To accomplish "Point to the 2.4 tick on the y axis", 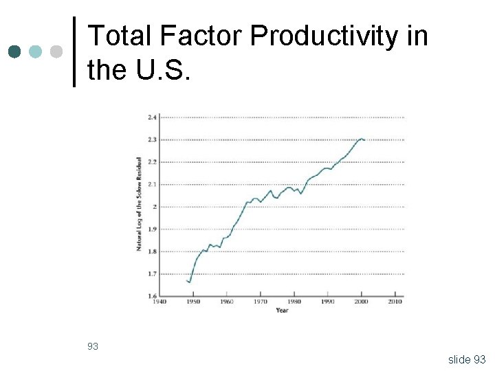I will pos(152,117).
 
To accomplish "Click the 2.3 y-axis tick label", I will pos(152,139).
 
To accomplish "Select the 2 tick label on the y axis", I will pos(154,207).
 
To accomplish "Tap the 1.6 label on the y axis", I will pos(152,295).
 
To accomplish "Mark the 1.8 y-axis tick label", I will pos(152,251).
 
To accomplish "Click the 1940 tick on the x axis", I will pos(159,302).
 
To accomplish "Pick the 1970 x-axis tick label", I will pos(261,302).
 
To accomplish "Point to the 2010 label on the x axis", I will pos(395,302).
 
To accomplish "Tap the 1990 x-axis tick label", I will pos(328,302).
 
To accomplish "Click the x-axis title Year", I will pos(282,311).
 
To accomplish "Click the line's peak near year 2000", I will pos(361,139).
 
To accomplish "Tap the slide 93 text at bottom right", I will pos(466,359).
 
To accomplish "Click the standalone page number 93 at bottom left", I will pos(93,346).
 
